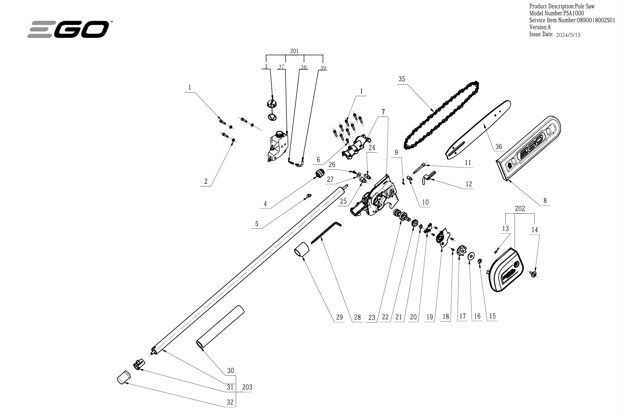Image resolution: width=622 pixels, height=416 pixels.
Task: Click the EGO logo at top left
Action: tap(69, 29)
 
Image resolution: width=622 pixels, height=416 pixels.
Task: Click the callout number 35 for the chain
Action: tap(401, 79)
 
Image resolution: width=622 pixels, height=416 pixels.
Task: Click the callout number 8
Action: tap(545, 201)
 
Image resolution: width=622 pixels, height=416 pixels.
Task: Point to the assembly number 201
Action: tap(294, 51)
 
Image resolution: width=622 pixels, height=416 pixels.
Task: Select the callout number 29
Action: tap(339, 317)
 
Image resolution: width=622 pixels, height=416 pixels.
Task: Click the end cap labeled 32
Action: tap(123, 378)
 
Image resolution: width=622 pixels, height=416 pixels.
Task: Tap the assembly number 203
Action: tap(247, 387)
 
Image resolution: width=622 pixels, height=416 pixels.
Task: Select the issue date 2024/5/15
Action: tap(568, 35)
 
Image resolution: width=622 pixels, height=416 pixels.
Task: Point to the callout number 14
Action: tap(534, 230)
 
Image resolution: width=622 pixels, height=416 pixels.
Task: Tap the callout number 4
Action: tap(265, 203)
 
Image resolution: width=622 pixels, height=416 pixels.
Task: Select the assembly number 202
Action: tap(520, 209)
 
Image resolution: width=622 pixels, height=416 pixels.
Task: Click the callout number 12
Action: tap(469, 184)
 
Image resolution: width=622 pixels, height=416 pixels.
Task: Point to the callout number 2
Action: tap(206, 181)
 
